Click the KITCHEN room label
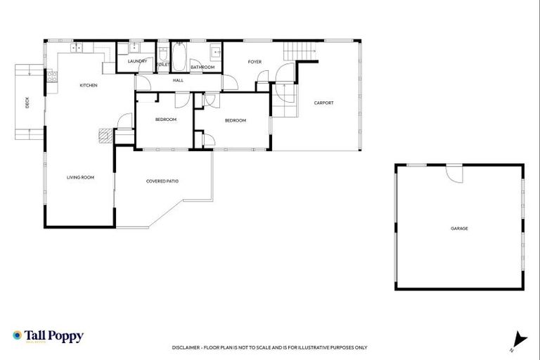coord(88,85)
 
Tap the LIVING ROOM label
coord(80,177)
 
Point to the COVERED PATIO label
coord(162,181)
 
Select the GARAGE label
coord(459,229)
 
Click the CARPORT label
coord(323,103)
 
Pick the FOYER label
coord(255,62)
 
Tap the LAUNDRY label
coord(137,61)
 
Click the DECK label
coord(27,103)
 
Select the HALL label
coord(178,81)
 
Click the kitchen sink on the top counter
coord(78,48)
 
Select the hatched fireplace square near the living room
coord(105,135)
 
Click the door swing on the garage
coord(454,173)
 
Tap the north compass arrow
coord(520,339)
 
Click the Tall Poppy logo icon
coord(17,336)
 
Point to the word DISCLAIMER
coord(186,347)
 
